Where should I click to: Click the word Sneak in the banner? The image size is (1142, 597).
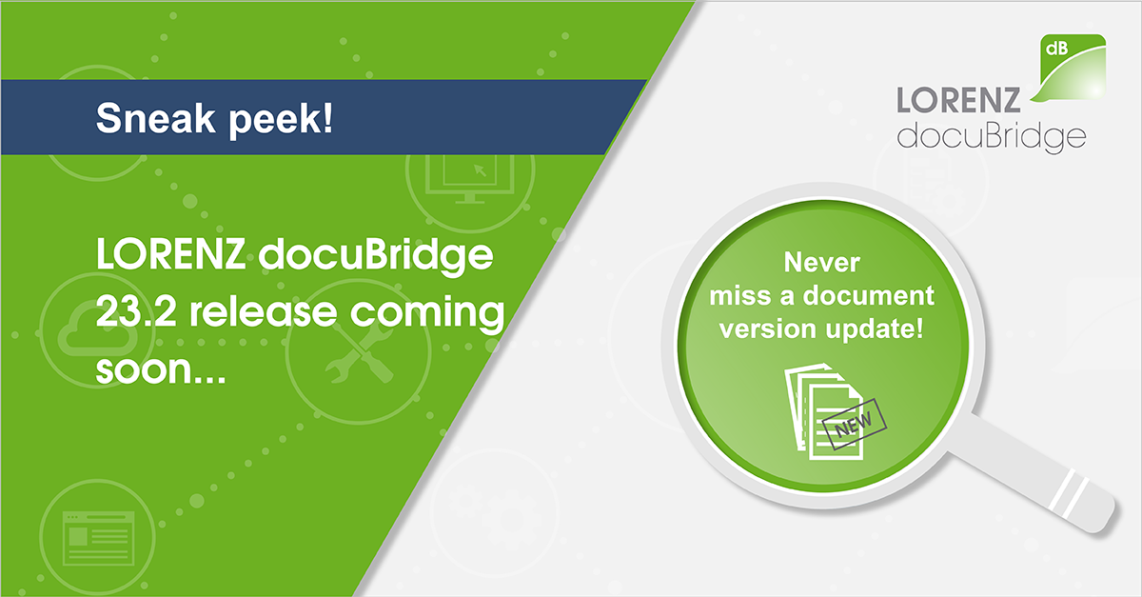coord(155,118)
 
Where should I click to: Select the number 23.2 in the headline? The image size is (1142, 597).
coord(135,311)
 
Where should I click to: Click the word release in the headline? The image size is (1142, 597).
coord(263,311)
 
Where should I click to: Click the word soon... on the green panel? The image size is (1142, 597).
coord(161,369)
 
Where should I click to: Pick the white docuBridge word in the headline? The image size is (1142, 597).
coord(376,255)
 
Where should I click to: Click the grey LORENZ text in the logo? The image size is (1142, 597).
coord(958,100)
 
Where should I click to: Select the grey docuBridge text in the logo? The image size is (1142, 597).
coord(992,137)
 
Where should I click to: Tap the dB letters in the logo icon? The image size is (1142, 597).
coord(1057,49)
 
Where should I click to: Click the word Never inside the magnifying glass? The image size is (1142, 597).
coord(822,263)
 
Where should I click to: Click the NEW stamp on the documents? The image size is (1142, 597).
coord(855,424)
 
